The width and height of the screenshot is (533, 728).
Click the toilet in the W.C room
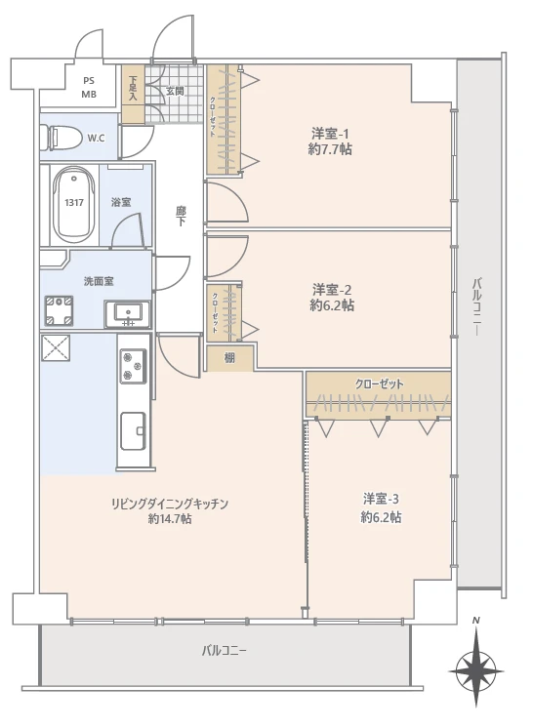tap(63, 138)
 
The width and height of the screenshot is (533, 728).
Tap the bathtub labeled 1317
tap(73, 202)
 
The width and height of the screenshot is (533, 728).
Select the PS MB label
tap(89, 88)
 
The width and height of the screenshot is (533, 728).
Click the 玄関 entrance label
tap(175, 91)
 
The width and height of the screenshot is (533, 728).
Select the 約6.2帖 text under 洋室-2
tap(332, 305)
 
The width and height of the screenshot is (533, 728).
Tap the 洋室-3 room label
tap(382, 499)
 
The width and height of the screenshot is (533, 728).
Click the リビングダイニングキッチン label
tap(169, 504)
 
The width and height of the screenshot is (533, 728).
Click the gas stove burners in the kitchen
tap(132, 366)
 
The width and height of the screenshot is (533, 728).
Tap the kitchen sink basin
tap(132, 428)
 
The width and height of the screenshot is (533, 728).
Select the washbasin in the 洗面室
tap(128, 313)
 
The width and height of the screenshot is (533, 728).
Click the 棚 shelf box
tap(229, 358)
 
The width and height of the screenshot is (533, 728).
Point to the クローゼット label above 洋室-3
tap(379, 384)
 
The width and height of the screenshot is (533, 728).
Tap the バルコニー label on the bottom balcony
tap(225, 650)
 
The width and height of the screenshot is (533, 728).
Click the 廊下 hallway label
tap(181, 216)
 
